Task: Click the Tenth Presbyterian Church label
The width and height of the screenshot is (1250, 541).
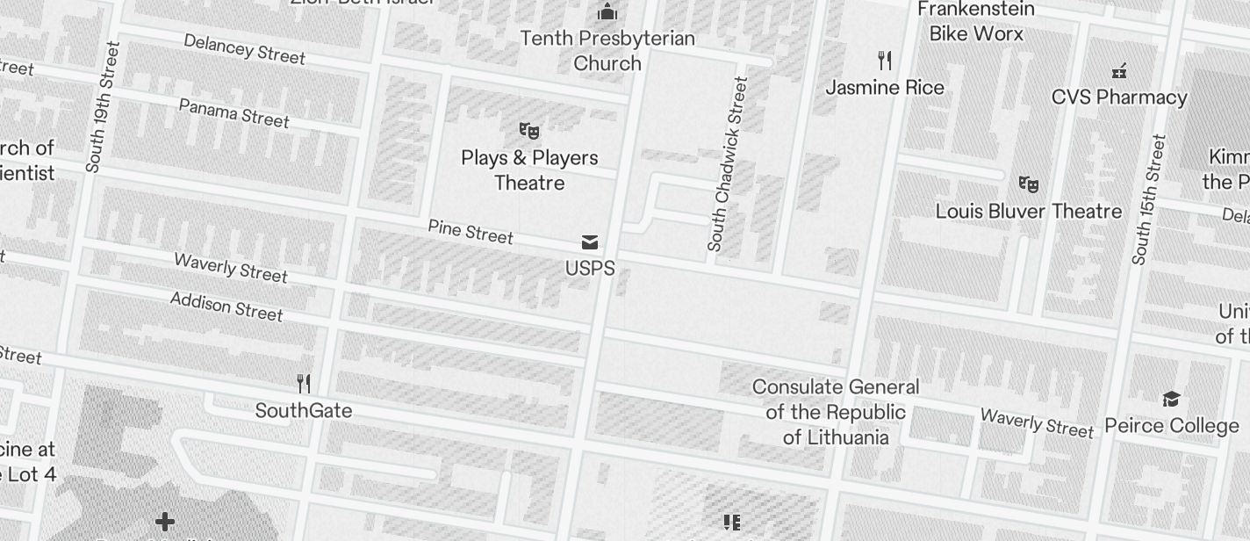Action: pos(607,51)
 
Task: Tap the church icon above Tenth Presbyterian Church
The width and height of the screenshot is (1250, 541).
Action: pos(607,12)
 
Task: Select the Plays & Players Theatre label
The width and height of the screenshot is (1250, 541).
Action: pos(529,170)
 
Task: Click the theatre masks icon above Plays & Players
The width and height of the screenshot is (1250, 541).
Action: pos(528,132)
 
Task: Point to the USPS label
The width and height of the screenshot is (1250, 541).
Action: pos(590,269)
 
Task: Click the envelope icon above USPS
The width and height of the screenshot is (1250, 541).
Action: pos(590,242)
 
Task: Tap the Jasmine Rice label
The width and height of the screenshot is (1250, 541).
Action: pos(885,88)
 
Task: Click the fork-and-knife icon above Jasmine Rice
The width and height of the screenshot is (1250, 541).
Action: pos(885,61)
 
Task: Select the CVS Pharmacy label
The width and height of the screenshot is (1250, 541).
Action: pos(1119,97)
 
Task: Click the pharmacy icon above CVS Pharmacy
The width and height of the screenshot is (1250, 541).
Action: pos(1119,71)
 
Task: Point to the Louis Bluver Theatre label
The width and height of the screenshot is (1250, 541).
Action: pos(1029,212)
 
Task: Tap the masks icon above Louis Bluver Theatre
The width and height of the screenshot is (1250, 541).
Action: pos(1029,184)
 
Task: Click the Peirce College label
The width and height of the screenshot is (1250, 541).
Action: pos(1172,426)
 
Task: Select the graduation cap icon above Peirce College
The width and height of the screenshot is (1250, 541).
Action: pos(1171,400)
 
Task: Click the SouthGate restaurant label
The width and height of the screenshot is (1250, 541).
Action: pos(304,411)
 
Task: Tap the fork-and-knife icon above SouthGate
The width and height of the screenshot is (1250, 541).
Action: pos(304,384)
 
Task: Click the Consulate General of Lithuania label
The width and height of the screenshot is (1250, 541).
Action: pos(836,412)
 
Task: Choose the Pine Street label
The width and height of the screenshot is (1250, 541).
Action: pos(471,232)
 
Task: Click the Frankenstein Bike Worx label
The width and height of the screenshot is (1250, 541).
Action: pos(976,22)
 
